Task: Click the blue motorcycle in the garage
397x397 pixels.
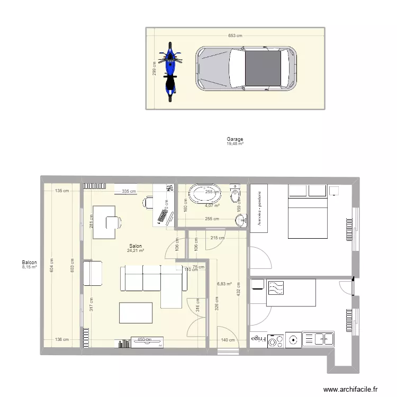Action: point(170,71)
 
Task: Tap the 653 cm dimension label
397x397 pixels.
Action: point(235,36)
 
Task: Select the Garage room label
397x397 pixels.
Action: point(234,139)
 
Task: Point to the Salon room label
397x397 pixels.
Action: point(135,246)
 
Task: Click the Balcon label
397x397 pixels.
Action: point(29,263)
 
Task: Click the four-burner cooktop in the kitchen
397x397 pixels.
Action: point(293,339)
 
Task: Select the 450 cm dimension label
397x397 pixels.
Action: point(145,340)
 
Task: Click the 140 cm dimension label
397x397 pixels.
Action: point(228,340)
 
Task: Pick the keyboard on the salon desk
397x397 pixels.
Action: point(163,216)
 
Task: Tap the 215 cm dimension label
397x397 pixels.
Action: point(217,238)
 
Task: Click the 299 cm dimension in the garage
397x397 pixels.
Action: point(154,69)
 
